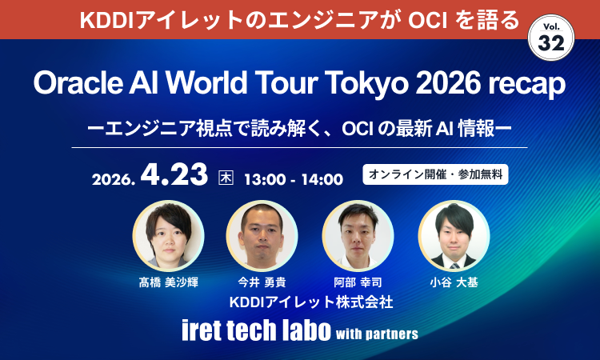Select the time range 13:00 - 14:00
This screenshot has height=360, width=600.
293,178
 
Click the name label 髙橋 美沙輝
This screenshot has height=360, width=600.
168,282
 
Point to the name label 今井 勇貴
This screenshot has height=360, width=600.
262,282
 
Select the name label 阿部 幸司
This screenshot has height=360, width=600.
358,282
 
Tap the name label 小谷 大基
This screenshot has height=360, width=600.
454,282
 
